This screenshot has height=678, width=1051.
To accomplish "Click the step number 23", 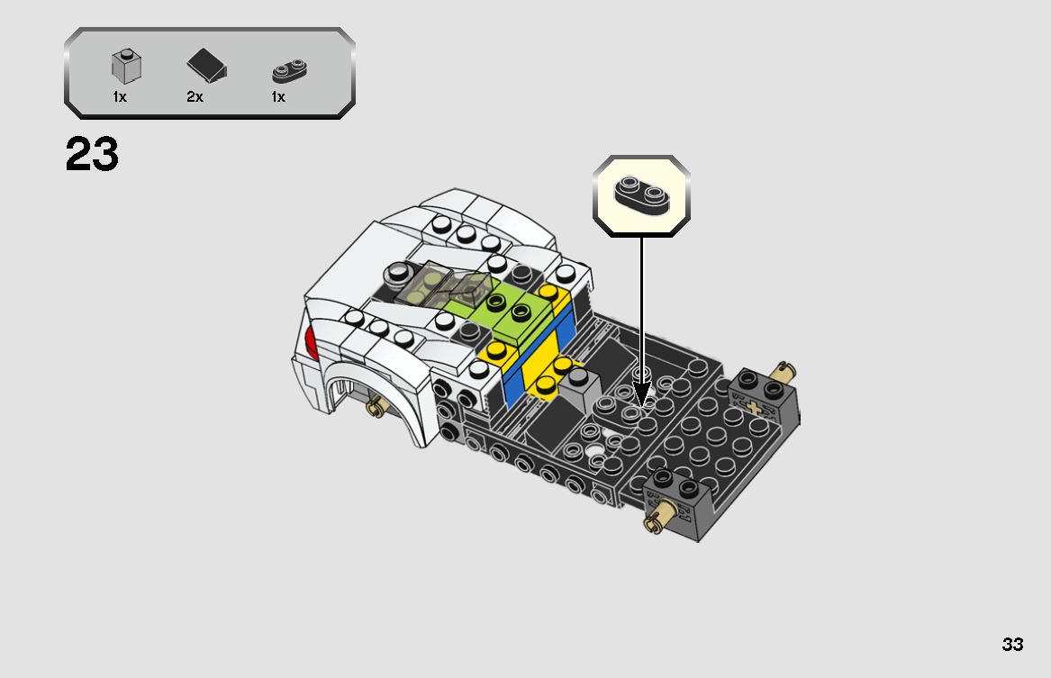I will [x=92, y=155].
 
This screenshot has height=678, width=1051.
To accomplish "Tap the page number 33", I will [x=1011, y=645].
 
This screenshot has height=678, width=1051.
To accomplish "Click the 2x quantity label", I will [x=195, y=97].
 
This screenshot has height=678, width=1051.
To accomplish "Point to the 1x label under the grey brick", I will [x=119, y=97].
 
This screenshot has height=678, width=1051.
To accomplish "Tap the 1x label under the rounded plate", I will [x=278, y=97].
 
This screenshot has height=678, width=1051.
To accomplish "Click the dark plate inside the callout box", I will [x=641, y=193].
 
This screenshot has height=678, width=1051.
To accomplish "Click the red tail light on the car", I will [x=311, y=342].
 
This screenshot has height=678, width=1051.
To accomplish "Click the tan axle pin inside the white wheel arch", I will [x=376, y=409].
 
